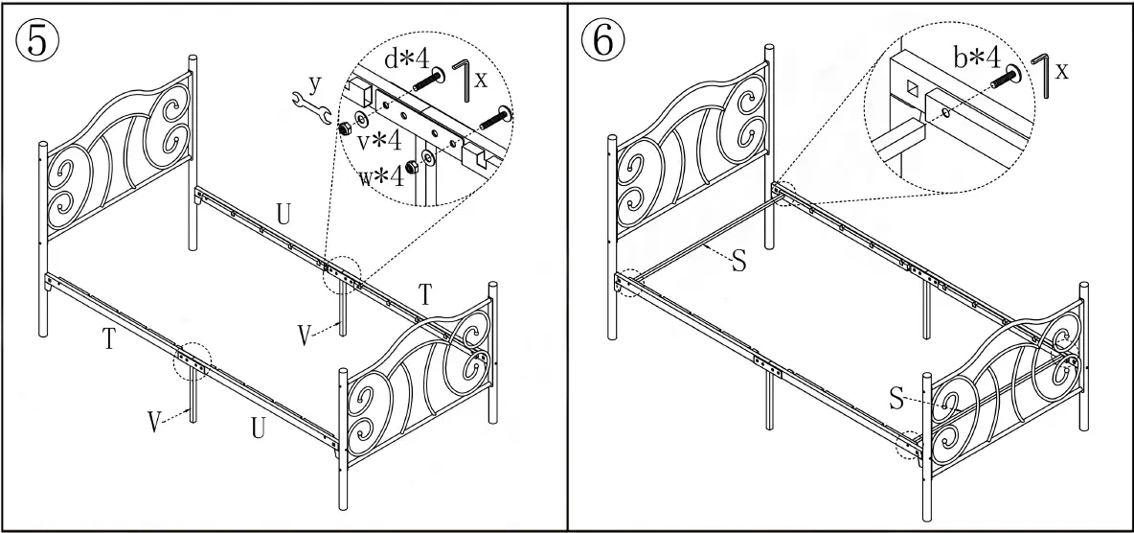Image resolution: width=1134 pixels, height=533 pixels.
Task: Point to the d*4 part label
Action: pos(404,59)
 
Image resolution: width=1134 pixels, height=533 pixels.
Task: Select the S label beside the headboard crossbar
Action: pos(738,261)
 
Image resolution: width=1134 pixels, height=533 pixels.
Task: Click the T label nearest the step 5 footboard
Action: pos(425,296)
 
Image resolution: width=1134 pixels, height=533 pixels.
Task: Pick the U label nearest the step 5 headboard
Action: pos(283,214)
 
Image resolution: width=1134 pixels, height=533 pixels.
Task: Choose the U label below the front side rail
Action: pos(259,428)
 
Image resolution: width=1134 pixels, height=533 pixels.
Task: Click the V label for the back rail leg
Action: pos(305,336)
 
